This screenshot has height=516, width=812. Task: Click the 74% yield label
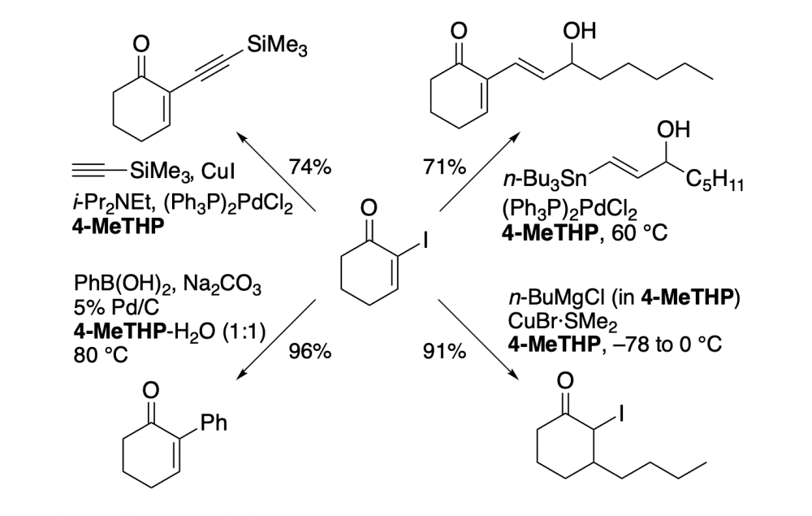click(x=310, y=168)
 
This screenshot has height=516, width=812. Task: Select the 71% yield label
click(x=444, y=168)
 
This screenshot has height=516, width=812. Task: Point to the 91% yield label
click(x=444, y=353)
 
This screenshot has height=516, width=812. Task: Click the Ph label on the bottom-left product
click(x=213, y=423)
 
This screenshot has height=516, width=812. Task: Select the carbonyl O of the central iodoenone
click(x=369, y=210)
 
